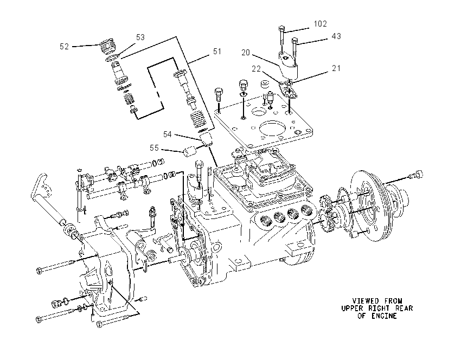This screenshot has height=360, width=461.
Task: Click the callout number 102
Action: pyautogui.click(x=320, y=24)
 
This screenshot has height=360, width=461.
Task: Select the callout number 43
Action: pyautogui.click(x=336, y=36)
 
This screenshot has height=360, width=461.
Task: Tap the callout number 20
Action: pyautogui.click(x=246, y=53)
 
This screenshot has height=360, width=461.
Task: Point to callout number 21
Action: pyautogui.click(x=336, y=68)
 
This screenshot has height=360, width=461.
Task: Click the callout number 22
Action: pyautogui.click(x=256, y=69)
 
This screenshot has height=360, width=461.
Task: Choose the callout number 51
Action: pyautogui.click(x=217, y=52)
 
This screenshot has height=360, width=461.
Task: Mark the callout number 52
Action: pyautogui.click(x=64, y=47)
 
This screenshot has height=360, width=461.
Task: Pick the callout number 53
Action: pyautogui.click(x=140, y=37)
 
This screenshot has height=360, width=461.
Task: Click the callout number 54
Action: pyautogui.click(x=167, y=134)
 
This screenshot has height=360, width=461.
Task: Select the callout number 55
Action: pyautogui.click(x=154, y=148)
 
